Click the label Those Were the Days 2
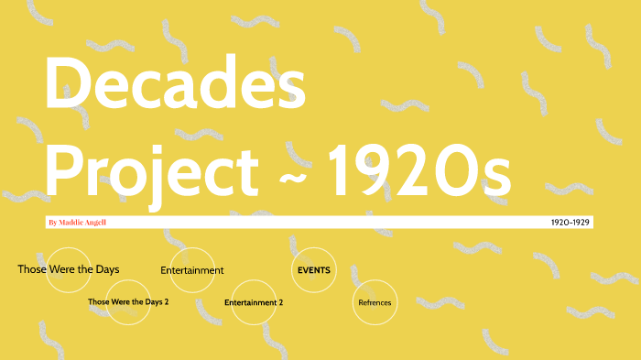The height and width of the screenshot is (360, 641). coord(128,301)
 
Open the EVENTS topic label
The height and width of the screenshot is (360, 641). coord(314,270)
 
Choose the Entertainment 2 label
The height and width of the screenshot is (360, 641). coord(254,302)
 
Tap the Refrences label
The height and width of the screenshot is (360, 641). coord(375,302)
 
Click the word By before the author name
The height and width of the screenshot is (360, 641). coord(52,222)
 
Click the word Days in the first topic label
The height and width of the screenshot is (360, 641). coord(105,269)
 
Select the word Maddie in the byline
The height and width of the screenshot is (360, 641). coord(73,222)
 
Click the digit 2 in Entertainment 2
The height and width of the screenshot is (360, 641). coord(280,302)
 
